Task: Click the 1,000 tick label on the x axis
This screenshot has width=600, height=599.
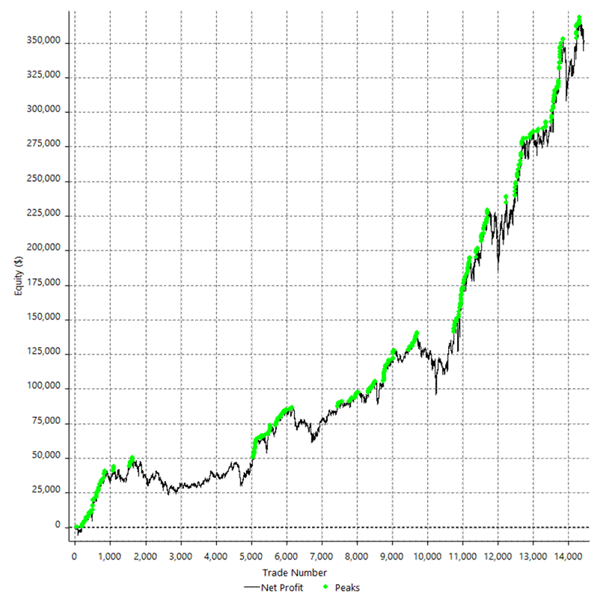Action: click(x=109, y=557)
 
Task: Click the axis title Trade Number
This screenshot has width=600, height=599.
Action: click(x=299, y=573)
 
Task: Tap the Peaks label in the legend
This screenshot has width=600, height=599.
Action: click(x=348, y=588)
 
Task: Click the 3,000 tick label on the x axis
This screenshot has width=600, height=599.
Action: click(x=180, y=557)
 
